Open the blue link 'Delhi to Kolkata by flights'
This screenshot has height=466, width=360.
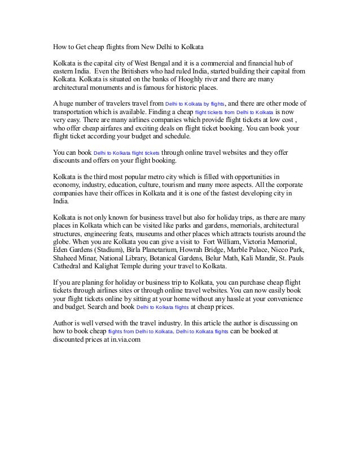(195, 104)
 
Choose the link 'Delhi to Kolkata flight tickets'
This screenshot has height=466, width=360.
(127, 153)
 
